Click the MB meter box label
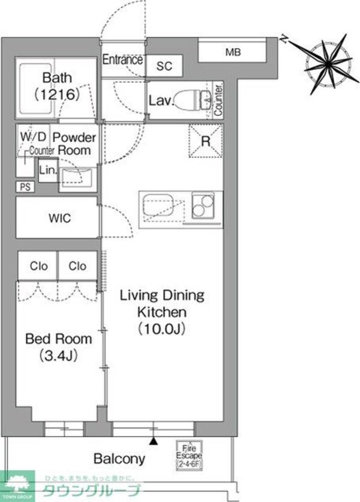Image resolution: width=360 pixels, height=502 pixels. click(233, 53)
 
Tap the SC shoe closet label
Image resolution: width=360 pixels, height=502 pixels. click(164, 67)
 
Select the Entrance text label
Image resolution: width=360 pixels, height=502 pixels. click(122, 60)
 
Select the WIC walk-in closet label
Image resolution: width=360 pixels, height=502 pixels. click(59, 219)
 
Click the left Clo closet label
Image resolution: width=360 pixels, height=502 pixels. click(37, 266)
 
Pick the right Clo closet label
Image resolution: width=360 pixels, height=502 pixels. click(77, 266)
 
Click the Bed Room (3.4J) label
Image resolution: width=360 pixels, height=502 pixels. click(58, 346)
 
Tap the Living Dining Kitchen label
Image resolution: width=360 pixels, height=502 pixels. click(163, 312)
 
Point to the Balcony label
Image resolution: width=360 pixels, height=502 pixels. click(119, 459)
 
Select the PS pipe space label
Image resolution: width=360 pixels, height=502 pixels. click(25, 187)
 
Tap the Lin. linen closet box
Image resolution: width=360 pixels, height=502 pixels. click(47, 171)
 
